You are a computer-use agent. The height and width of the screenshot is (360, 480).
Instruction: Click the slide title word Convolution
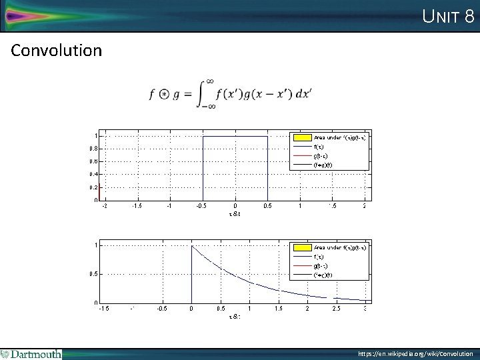[x=57, y=51]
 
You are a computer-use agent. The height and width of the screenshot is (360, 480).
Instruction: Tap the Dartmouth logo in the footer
[x=31, y=354]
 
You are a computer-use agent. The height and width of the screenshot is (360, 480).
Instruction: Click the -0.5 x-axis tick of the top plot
[x=202, y=206]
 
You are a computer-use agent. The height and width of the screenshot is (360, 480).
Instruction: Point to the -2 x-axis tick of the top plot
[x=104, y=206]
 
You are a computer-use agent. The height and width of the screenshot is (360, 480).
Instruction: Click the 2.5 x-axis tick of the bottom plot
[x=337, y=309]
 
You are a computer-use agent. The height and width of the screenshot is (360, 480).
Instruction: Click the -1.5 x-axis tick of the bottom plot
[x=105, y=309]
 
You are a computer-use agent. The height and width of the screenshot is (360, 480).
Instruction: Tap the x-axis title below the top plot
[x=234, y=213]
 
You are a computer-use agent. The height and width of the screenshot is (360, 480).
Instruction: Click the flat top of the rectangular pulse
[x=235, y=136]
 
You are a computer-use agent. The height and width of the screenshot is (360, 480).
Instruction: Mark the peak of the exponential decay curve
[x=192, y=246]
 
